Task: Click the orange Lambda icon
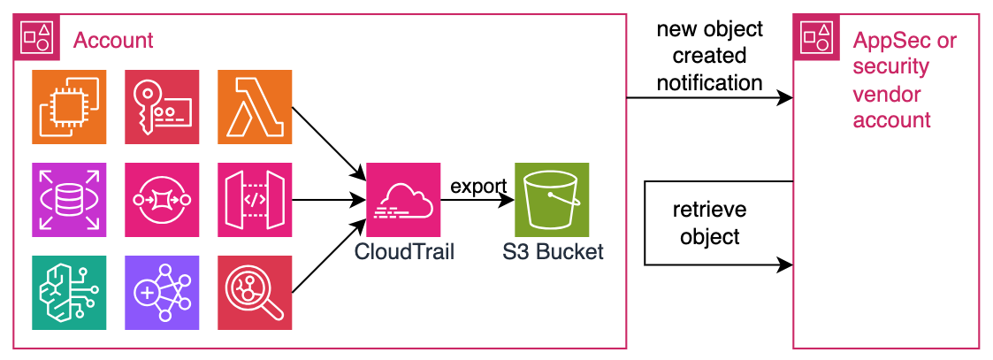(255, 107)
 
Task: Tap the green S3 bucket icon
(553, 200)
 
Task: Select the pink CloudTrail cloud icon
(403, 200)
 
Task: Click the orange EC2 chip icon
(69, 107)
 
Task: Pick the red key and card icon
(162, 107)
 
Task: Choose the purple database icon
(69, 200)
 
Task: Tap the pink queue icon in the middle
(162, 200)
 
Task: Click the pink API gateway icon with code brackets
(255, 200)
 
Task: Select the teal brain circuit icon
(69, 293)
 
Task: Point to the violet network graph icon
(162, 293)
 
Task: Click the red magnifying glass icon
(255, 293)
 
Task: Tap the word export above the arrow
(478, 187)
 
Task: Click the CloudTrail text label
(404, 251)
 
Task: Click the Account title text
(113, 41)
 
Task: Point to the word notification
(709, 83)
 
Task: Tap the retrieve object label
(709, 223)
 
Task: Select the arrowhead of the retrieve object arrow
(786, 264)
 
